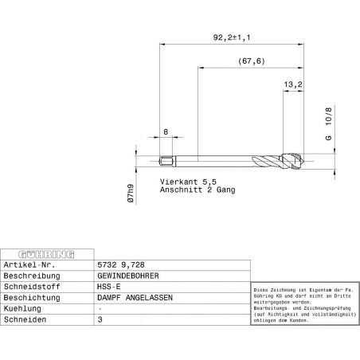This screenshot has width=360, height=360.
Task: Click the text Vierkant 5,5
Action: tap(187, 182)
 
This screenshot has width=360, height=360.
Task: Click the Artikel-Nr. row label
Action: tap(29, 263)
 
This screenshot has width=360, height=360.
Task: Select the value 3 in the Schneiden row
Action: tap(100, 319)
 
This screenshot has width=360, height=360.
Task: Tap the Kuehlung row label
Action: tap(25, 307)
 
